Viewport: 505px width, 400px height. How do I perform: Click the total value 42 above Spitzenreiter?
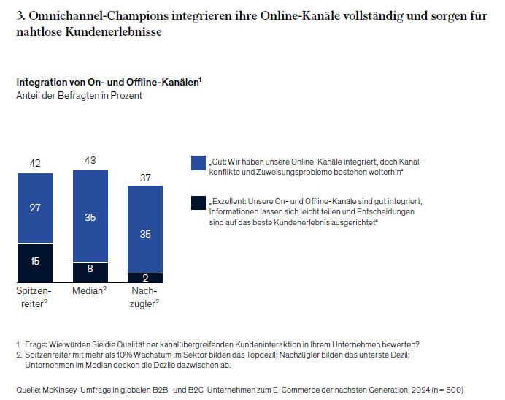[34, 163]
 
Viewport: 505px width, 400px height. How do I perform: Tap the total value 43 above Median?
[90, 159]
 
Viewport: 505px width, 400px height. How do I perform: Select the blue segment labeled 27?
[34, 208]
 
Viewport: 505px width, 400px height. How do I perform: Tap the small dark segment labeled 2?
[145, 278]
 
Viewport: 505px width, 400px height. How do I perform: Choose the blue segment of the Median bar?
[90, 216]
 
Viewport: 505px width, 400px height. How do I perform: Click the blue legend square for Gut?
[197, 162]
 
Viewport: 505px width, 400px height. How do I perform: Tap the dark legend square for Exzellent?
[197, 203]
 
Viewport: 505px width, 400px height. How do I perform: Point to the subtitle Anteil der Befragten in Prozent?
[79, 95]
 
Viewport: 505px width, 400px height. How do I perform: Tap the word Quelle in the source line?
[28, 389]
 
